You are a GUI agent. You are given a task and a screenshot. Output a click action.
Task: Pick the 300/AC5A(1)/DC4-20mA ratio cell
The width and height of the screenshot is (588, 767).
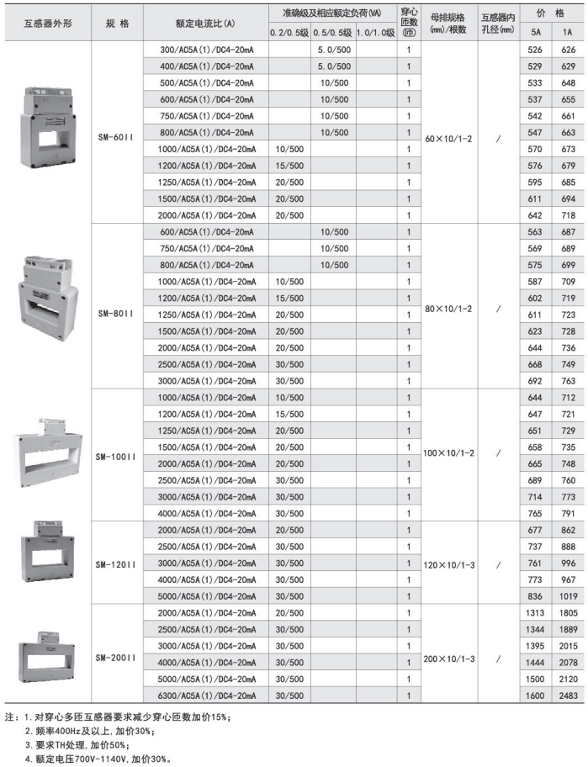coord(206,50)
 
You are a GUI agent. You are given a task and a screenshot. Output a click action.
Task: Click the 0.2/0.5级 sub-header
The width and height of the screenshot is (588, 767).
coord(289,32)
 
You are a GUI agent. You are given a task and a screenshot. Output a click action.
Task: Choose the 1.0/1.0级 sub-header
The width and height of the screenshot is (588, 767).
coord(375,32)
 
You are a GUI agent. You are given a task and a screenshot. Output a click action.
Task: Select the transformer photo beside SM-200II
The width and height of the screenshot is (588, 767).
coord(47,653)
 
